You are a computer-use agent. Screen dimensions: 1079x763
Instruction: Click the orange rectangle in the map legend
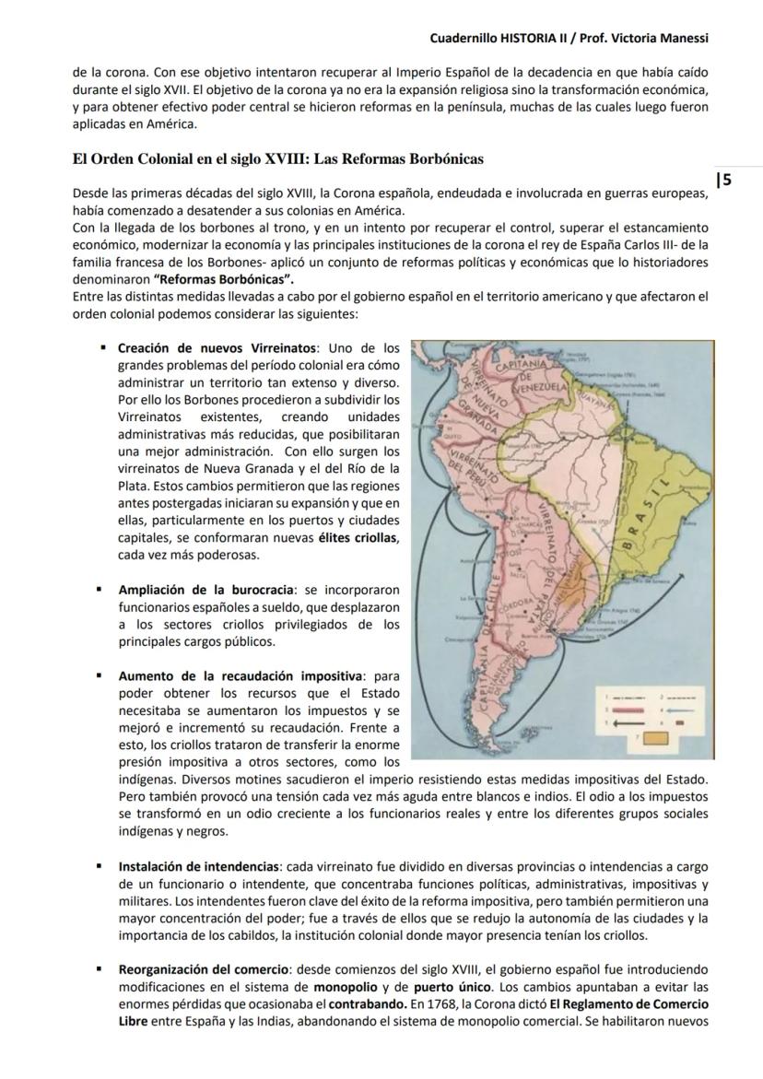coord(680,737)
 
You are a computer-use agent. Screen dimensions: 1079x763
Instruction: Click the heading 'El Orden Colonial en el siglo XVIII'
coord(277,158)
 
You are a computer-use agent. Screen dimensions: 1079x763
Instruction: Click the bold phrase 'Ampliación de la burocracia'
coord(206,589)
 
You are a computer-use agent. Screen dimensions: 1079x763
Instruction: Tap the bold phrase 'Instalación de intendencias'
coord(200,866)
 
